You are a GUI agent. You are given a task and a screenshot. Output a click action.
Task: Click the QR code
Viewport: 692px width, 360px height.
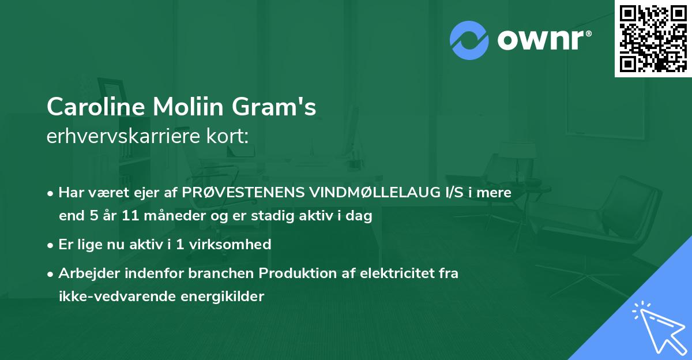[653, 38]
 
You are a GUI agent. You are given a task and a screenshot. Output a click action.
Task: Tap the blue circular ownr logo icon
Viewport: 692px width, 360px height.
[469, 39]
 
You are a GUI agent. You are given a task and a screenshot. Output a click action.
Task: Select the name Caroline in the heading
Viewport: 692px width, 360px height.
[95, 106]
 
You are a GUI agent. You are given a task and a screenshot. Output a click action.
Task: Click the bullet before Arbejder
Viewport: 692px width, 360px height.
[51, 273]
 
